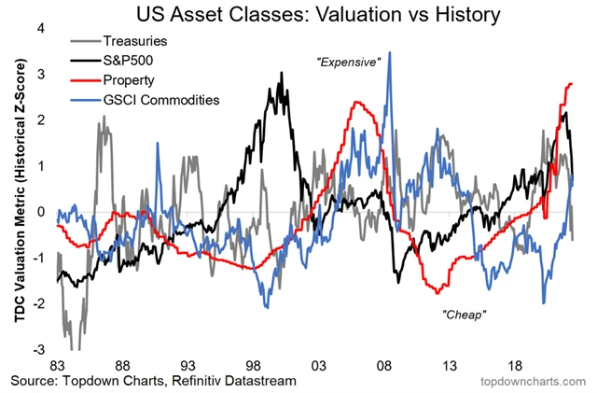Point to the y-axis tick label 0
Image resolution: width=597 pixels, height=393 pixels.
click(40, 212)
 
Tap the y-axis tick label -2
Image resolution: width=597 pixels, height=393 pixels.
click(38, 304)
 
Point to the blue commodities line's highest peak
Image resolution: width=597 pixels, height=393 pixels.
click(389, 52)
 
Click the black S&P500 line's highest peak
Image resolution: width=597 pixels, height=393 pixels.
click(281, 73)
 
